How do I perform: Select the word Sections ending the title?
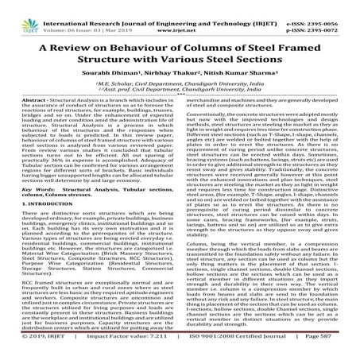[270, 62]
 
